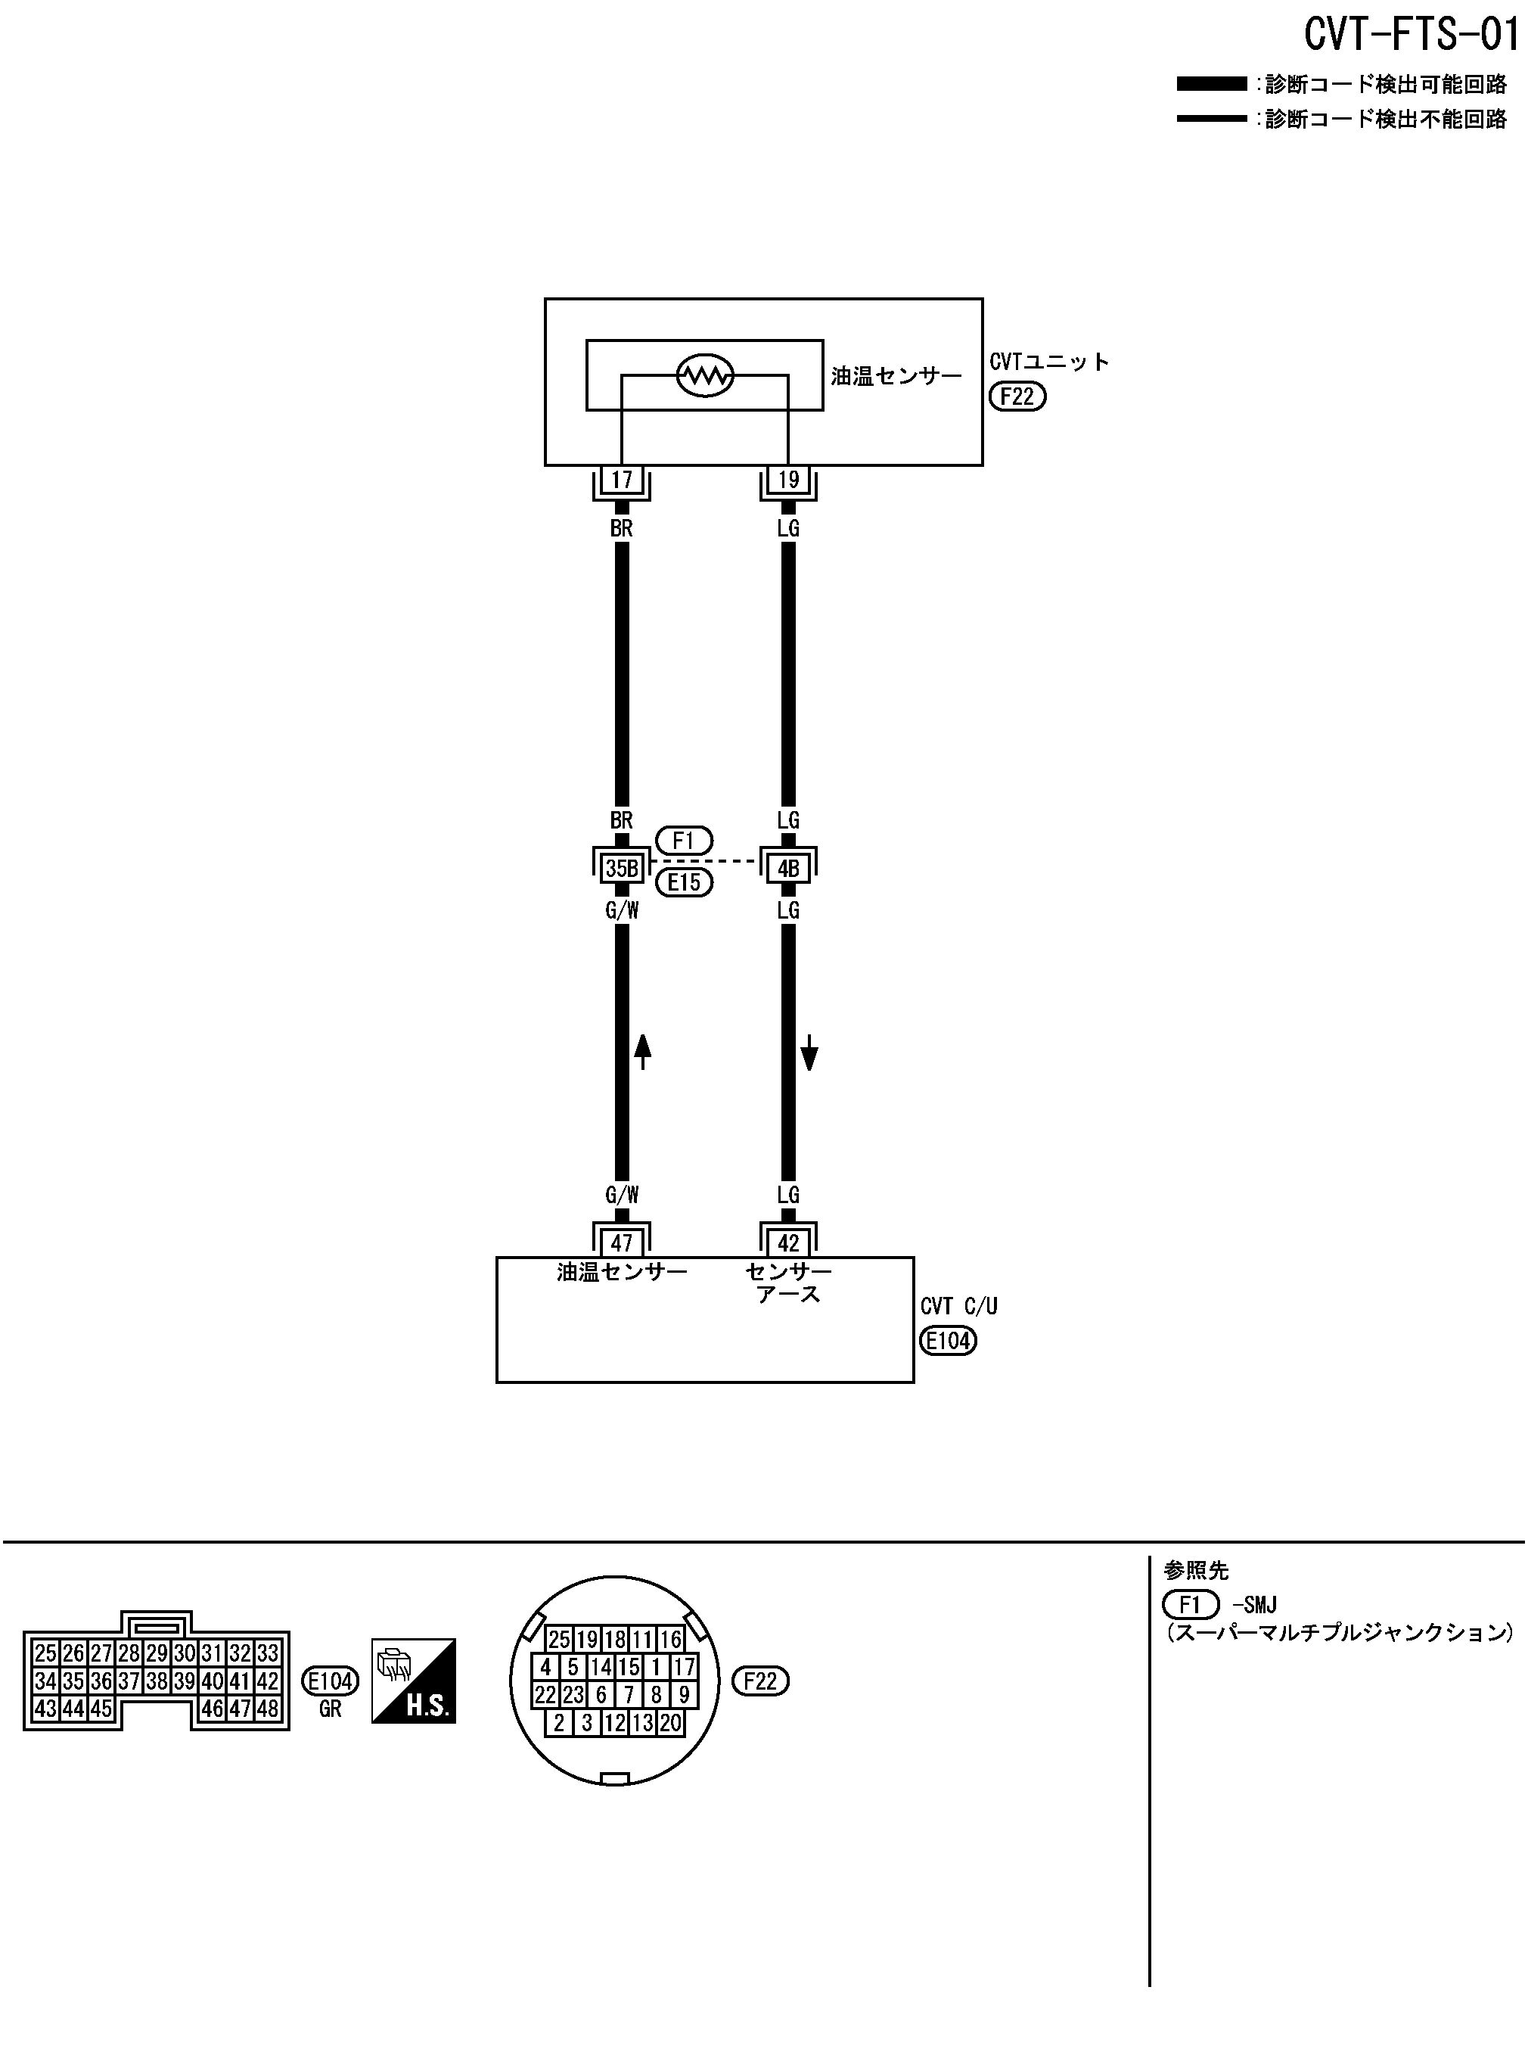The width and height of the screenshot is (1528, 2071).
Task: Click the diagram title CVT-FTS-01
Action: coord(1412,35)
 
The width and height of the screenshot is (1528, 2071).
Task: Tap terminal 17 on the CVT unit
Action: coord(622,480)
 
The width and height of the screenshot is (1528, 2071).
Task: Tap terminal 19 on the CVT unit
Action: coord(788,480)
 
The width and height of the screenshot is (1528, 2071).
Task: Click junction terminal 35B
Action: coord(622,868)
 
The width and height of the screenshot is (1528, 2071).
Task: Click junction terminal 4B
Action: coord(788,868)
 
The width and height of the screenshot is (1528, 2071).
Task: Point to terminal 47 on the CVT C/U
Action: coord(622,1242)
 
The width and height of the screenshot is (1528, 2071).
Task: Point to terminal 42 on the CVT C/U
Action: coord(788,1242)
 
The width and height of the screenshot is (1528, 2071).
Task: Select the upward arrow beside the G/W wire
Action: coord(643,1052)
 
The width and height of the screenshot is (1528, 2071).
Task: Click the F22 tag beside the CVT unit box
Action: coord(1017,396)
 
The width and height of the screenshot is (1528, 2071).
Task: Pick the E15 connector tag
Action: coord(685,882)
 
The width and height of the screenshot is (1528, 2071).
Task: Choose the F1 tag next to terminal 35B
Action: coord(685,841)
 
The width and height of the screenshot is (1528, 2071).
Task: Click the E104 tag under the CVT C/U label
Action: coord(948,1340)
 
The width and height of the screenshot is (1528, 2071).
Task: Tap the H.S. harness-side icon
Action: coord(414,1681)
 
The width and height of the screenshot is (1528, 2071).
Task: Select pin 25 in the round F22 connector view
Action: coord(560,1640)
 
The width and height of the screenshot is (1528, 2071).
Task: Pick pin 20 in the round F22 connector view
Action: coord(671,1722)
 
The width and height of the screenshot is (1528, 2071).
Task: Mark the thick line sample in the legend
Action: coord(1212,84)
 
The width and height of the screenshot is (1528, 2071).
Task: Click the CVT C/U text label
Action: coord(959,1306)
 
